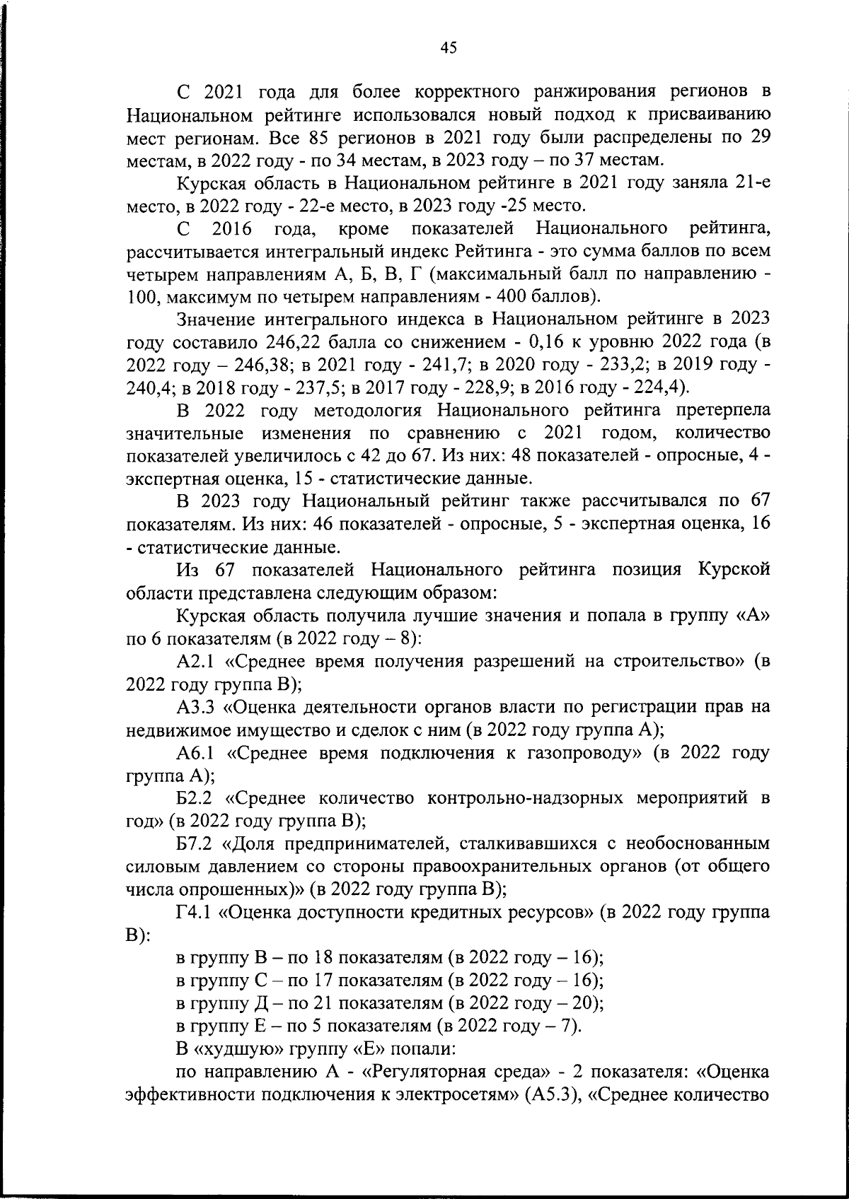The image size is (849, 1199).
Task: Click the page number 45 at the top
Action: coord(449,47)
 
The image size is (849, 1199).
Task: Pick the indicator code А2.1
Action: coord(198,662)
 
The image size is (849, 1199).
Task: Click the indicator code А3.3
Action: coord(198,707)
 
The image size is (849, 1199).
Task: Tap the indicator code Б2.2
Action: coord(197,798)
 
